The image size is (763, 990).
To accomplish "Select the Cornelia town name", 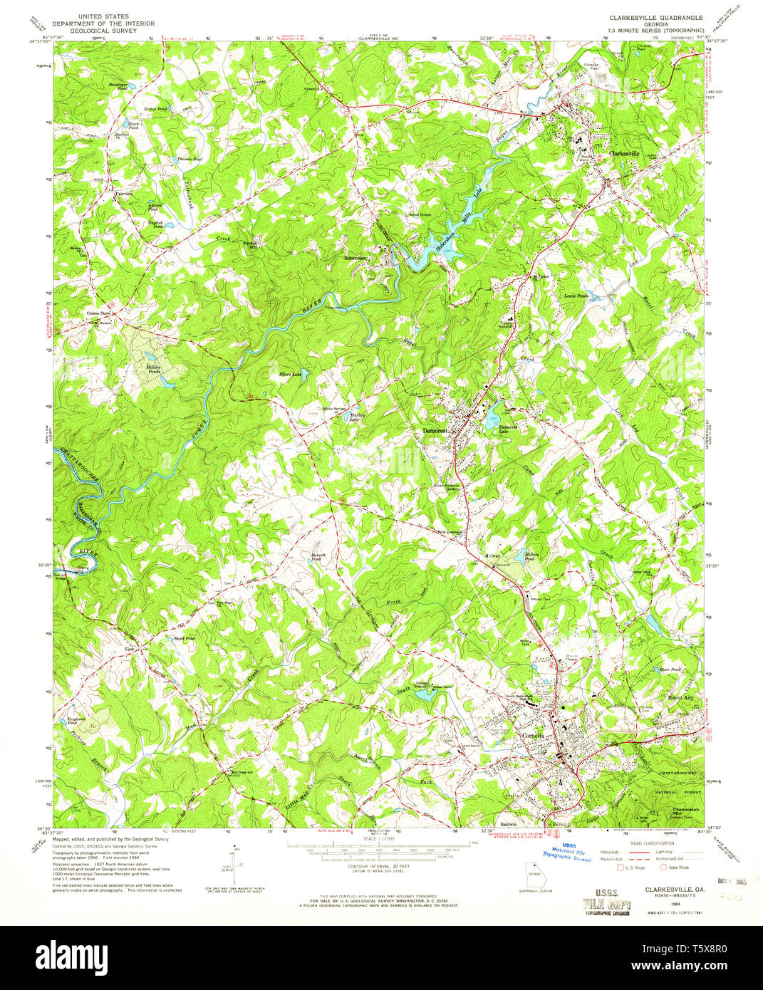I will coord(533,735).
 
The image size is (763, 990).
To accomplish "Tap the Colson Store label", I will coord(98,313).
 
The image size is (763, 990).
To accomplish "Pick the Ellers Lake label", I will coord(290,374).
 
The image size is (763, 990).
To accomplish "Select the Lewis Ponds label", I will coord(576,296).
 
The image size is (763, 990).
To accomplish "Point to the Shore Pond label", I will coord(184,638).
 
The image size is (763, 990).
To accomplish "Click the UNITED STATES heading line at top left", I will coord(103,16).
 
